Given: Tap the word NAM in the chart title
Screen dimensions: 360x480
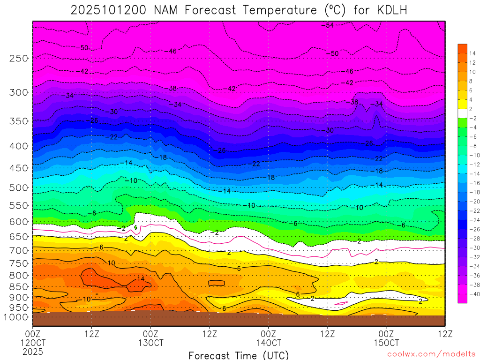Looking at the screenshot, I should pos(167,10).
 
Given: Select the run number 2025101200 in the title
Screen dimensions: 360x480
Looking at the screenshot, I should pos(110,10).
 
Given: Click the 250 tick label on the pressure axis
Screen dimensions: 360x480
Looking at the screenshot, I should pos(19,58).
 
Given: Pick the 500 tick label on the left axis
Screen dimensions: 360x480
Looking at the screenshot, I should pos(19,187).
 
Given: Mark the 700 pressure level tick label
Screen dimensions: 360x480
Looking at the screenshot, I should pos(19,250).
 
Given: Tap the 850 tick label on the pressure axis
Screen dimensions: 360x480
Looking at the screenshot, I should pos(19,286).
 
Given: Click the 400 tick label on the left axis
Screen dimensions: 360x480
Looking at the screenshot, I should pos(19,146).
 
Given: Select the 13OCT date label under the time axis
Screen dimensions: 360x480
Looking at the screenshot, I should pos(151,343).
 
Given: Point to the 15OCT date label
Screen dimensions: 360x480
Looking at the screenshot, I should pos(386,343).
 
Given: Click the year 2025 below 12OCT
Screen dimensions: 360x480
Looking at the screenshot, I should pos(33,351).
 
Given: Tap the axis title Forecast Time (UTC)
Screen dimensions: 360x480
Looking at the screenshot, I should pos(239,355).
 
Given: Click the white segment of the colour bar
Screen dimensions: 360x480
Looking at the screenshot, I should pos(462,113).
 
